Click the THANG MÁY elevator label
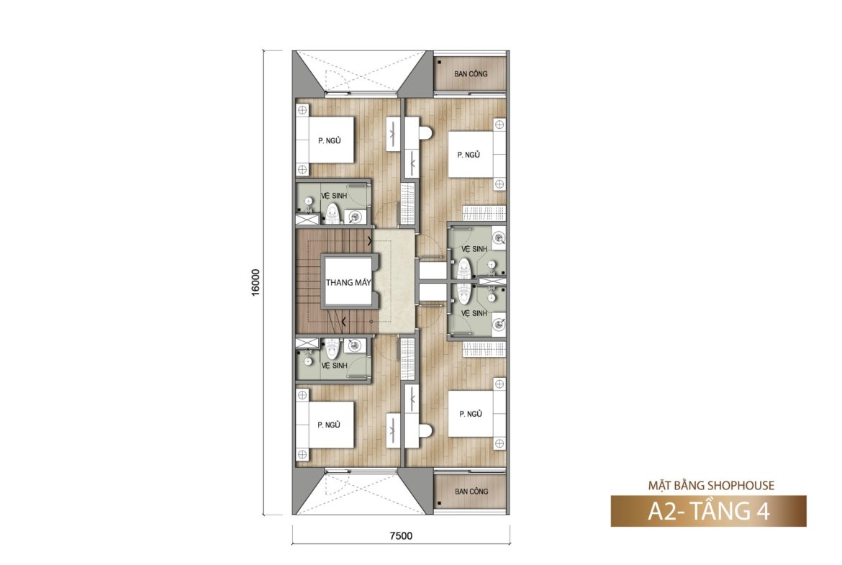point(348,282)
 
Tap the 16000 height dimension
point(255,282)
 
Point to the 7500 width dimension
point(401,535)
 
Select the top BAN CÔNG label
point(471,74)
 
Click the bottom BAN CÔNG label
point(471,492)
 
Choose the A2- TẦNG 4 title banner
point(708,511)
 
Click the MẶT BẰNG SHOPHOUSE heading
point(711,486)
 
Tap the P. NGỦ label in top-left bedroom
point(329,141)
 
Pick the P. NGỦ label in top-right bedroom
point(468,155)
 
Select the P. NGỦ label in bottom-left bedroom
point(329,425)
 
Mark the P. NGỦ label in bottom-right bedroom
point(471,414)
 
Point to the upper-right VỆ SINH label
point(474,249)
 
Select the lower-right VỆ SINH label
point(474,313)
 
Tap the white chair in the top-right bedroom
point(425,132)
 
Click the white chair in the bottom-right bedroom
point(425,430)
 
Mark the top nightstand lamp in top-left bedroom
point(302,110)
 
